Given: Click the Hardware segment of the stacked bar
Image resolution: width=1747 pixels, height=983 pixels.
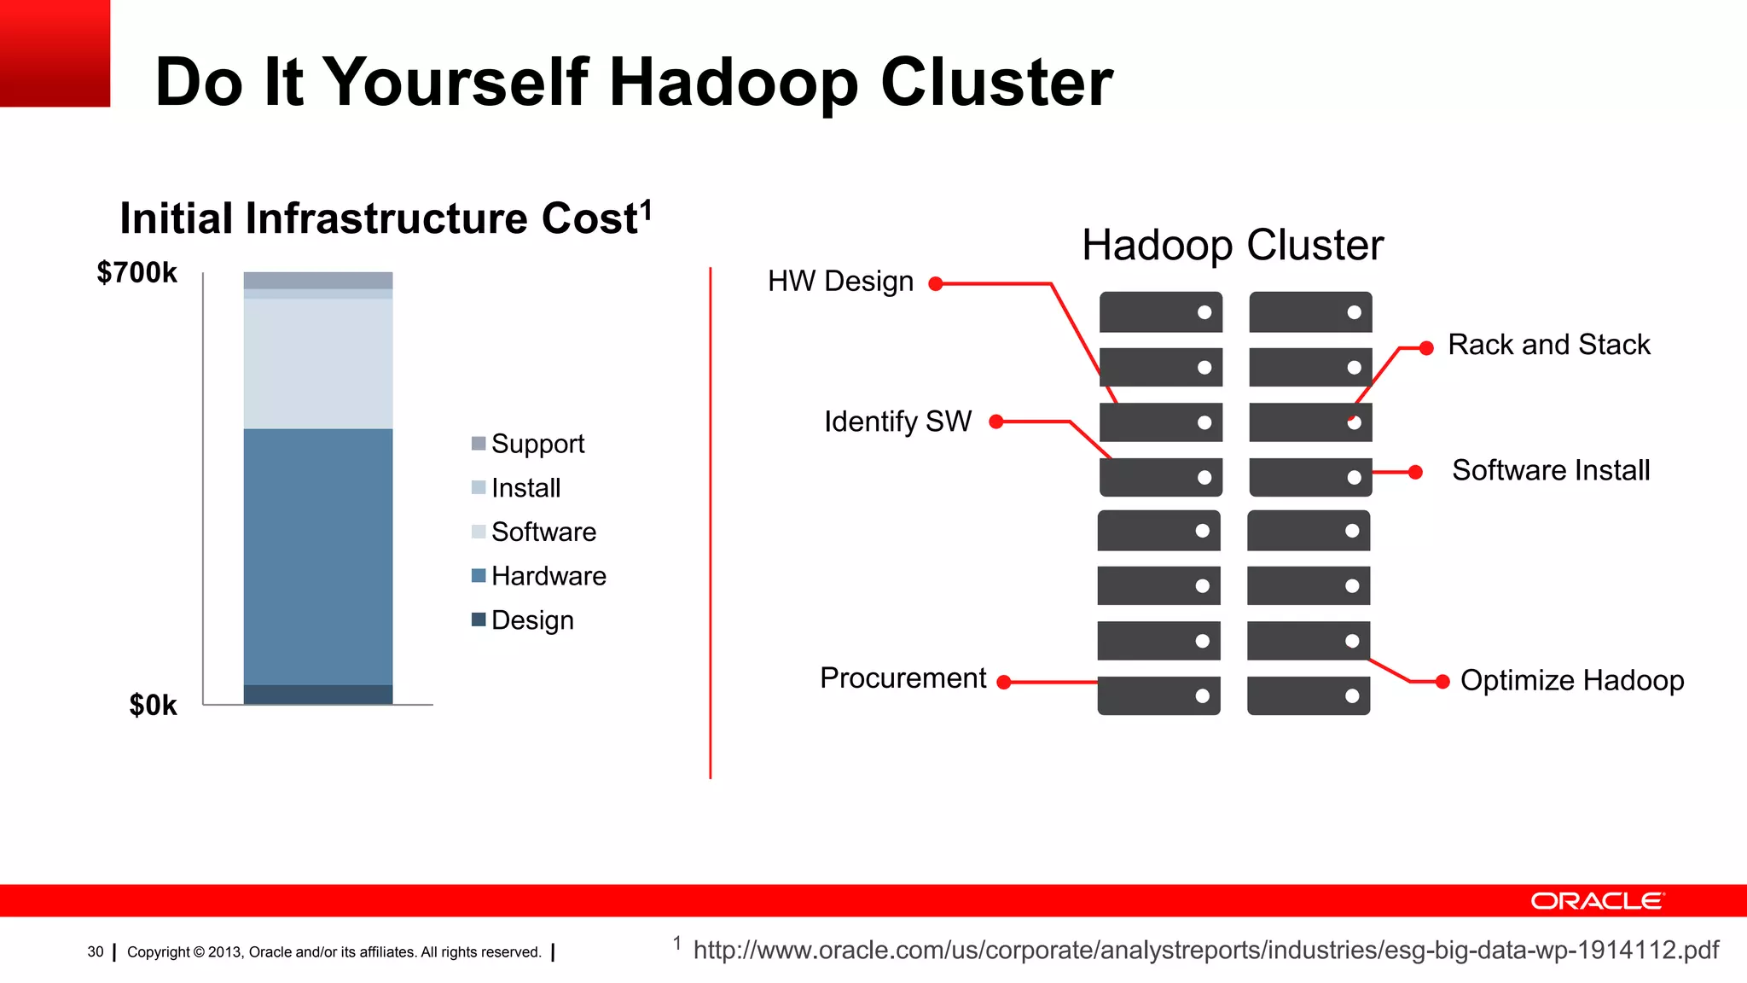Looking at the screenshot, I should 317,556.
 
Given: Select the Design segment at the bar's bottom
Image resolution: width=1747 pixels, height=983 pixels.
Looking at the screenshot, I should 317,695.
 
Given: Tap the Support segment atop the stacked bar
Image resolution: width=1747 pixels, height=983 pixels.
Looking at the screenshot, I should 317,280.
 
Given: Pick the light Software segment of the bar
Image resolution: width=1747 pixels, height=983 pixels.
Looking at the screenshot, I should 317,363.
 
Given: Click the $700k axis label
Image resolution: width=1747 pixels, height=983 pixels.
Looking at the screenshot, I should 136,273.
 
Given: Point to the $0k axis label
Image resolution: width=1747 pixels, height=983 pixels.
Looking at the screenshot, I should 153,705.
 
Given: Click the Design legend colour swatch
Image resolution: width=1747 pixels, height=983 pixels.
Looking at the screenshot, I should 479,619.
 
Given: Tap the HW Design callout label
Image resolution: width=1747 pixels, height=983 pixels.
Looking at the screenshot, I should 840,282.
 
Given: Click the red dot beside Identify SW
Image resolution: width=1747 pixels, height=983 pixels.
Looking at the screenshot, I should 995,422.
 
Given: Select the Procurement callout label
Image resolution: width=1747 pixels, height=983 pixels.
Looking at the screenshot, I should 903,678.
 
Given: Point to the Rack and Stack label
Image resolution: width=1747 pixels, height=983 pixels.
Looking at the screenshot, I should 1548,345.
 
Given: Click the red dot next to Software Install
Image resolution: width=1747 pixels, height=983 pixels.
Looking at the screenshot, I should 1415,472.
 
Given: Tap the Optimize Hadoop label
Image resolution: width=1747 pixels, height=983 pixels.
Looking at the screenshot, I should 1571,681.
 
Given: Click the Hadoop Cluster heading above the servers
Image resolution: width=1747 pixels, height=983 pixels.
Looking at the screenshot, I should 1232,246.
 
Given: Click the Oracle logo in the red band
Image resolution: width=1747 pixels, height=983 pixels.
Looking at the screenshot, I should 1596,901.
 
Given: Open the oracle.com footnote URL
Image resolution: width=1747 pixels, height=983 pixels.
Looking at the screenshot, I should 1205,950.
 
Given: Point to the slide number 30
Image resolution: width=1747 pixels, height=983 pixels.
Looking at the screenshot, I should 96,952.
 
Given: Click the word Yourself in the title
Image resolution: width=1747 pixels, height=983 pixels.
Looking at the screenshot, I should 456,82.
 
